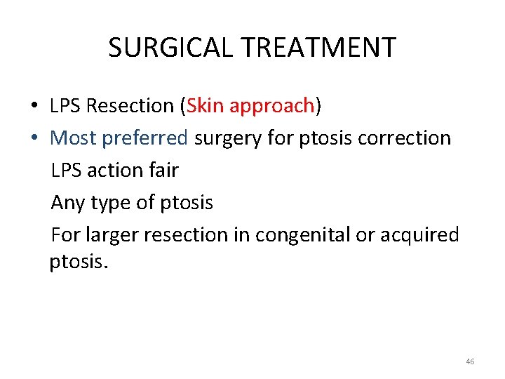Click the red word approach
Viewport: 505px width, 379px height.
272,107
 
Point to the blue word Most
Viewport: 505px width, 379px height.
74,138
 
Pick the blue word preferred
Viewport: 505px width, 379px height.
145,138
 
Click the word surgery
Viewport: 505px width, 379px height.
229,139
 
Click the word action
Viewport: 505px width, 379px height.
114,170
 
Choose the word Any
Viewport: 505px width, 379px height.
68,203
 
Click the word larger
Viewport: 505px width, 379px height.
113,235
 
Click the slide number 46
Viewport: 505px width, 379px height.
469,361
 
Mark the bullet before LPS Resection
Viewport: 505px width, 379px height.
34,106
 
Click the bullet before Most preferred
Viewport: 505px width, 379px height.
34,138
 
